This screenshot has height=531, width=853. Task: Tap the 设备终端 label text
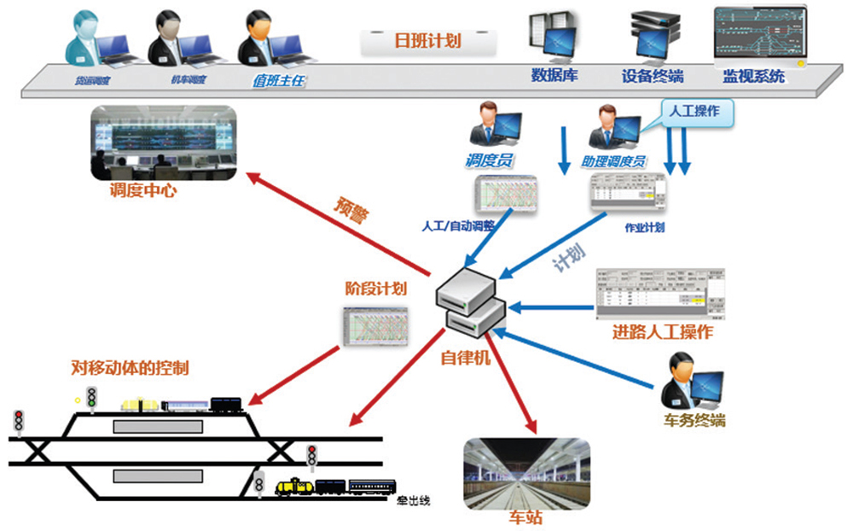coord(653,76)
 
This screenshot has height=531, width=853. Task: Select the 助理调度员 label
coord(615,160)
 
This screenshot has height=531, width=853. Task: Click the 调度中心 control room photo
coord(161,143)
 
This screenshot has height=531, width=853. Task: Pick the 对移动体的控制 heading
coord(130,369)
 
